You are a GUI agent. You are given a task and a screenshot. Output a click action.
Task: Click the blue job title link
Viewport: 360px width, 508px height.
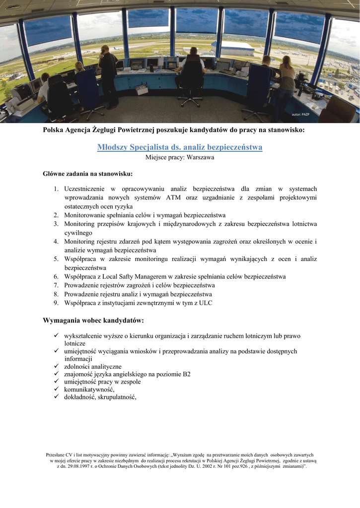point(180,147)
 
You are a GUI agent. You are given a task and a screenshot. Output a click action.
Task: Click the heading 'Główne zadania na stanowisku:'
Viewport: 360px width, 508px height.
point(88,174)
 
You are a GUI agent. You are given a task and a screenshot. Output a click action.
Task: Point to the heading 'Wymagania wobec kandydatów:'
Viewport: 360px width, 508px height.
point(93,320)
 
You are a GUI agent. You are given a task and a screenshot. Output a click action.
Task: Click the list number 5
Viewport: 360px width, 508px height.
point(56,259)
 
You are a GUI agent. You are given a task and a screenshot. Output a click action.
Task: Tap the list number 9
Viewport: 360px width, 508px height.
point(56,303)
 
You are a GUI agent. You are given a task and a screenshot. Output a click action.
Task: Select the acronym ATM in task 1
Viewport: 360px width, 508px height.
point(173,197)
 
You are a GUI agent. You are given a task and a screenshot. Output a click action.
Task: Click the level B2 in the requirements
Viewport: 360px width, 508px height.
point(185,374)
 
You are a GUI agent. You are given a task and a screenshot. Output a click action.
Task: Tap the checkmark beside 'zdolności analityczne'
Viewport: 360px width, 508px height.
point(57,366)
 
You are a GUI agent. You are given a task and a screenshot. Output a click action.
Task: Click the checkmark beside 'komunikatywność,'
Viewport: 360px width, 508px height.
point(57,389)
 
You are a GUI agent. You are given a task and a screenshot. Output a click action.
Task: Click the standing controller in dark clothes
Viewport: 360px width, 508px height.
point(108,74)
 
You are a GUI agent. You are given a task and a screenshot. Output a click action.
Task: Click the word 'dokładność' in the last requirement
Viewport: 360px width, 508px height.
point(79,397)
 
